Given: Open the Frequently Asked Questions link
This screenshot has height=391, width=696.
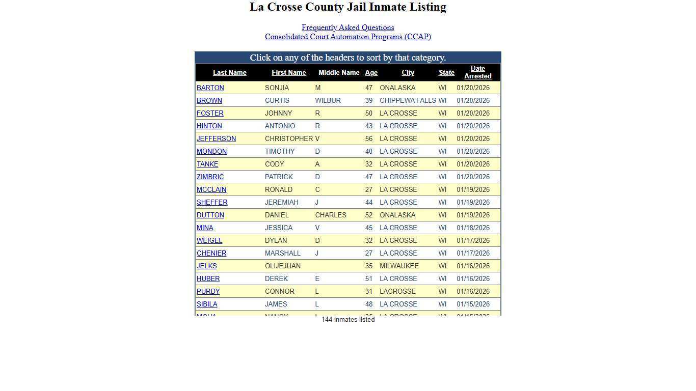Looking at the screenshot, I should tap(347, 27).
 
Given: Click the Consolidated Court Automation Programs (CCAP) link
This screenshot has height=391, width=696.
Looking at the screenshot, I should tap(347, 37).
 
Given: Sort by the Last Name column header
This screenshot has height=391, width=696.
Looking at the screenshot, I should tap(229, 73).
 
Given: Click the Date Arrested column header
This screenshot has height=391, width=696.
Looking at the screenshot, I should tap(477, 72).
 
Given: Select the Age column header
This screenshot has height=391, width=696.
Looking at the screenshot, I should tap(371, 73).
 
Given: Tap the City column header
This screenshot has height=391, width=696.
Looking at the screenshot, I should tap(408, 73).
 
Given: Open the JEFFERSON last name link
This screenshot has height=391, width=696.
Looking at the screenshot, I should tap(216, 138).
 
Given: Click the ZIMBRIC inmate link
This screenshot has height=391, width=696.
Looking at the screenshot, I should tap(210, 177).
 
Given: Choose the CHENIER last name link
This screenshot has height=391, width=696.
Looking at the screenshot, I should tap(211, 253).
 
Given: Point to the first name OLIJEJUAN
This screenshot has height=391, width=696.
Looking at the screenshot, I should tap(282, 266).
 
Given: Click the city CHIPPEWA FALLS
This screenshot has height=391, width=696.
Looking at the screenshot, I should tap(408, 100).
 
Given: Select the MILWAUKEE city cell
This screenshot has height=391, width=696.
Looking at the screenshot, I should tap(399, 266).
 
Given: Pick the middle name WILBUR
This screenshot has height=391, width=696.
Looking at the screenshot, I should tap(328, 100).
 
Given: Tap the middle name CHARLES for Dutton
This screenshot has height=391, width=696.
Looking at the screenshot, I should tap(330, 215).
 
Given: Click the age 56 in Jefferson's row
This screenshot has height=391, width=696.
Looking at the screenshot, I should tap(368, 138).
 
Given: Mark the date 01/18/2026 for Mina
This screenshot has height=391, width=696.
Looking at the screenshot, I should tap(473, 228).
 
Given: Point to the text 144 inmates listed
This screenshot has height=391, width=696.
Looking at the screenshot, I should tap(348, 320).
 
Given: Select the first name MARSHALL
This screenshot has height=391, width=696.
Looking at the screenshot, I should tap(282, 253).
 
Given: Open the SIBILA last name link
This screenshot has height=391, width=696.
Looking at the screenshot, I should tap(207, 304).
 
